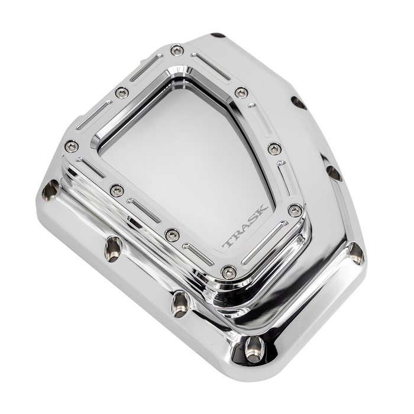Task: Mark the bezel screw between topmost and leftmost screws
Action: pyautogui.click(x=121, y=92)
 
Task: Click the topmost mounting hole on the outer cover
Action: pyautogui.click(x=219, y=37)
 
